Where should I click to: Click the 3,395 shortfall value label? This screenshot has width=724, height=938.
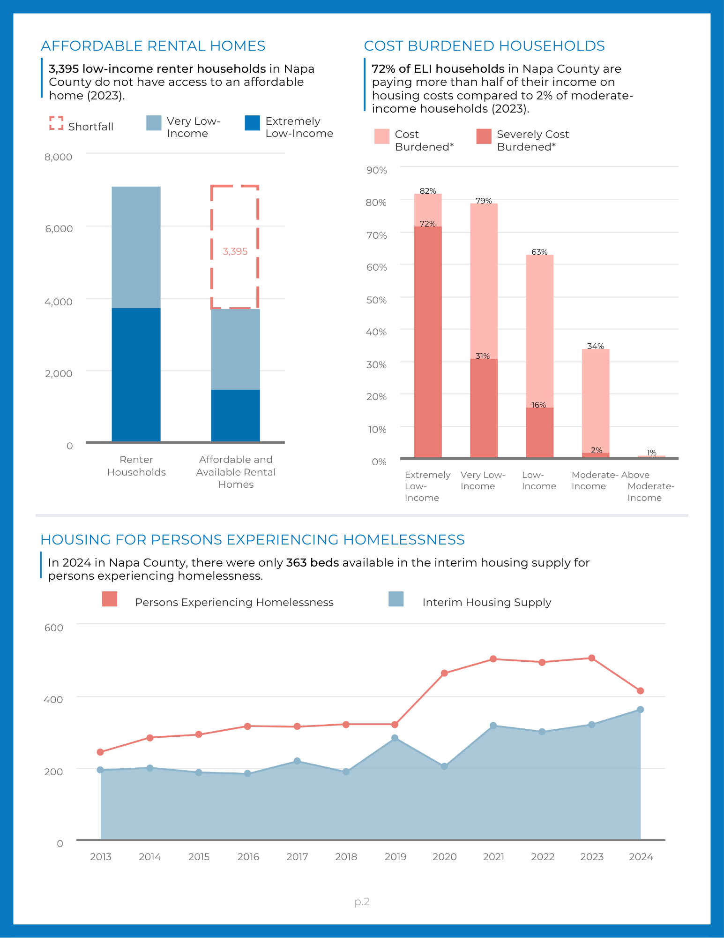[x=235, y=251]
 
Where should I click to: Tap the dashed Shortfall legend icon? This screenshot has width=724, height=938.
[x=56, y=123]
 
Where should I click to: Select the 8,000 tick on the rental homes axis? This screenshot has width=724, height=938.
[x=59, y=157]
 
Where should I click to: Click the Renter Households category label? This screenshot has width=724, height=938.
[x=136, y=466]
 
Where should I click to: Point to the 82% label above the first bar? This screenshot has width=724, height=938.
[x=428, y=191]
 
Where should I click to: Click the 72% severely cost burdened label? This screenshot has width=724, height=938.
[x=427, y=224]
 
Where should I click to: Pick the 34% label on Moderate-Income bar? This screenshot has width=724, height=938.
[x=596, y=346]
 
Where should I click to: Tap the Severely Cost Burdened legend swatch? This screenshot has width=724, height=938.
[x=484, y=136]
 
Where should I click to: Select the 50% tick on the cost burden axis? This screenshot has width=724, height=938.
[x=376, y=300]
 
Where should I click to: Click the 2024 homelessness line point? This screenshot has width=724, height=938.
[x=641, y=691]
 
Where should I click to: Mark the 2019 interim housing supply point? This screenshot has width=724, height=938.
[x=395, y=738]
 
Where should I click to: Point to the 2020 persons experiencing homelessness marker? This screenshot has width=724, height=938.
[x=444, y=673]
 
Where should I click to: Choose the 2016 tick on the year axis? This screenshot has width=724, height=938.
[x=248, y=857]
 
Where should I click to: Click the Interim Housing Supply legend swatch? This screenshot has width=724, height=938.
[x=396, y=599]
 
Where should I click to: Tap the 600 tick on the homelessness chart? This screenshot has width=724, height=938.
[x=54, y=628]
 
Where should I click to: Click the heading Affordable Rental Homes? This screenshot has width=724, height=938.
[x=153, y=45]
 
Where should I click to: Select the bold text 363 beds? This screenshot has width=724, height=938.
[x=313, y=562]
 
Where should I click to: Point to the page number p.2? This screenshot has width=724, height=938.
[x=362, y=901]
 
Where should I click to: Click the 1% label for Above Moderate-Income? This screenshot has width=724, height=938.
[x=651, y=453]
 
